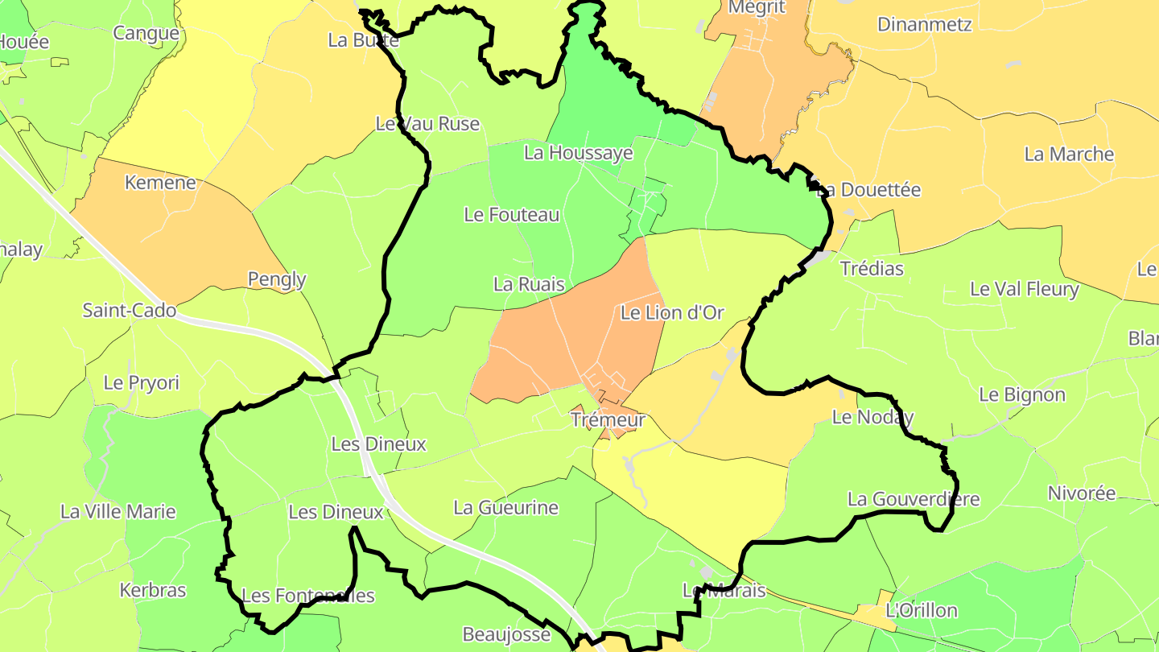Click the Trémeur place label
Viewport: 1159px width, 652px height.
[x=608, y=420]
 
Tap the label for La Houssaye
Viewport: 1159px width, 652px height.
[x=578, y=153]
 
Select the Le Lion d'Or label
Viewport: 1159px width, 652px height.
[x=672, y=313]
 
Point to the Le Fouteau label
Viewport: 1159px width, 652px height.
[x=511, y=215]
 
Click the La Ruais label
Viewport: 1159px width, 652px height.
[x=529, y=284]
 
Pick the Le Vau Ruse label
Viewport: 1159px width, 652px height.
[x=427, y=124]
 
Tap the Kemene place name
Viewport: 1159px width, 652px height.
[x=160, y=183]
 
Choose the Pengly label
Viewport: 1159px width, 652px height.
[x=277, y=279]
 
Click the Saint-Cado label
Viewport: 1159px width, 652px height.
[x=130, y=311]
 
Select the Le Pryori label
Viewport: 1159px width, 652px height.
[x=142, y=383]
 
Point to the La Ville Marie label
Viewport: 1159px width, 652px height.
[x=118, y=512]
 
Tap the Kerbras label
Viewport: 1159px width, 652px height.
[x=153, y=590]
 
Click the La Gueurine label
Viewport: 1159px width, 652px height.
[x=505, y=508]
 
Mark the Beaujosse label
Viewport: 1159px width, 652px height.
[x=506, y=634]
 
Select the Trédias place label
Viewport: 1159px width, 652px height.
[x=872, y=269]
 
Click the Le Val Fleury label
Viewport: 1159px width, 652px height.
[x=1024, y=289]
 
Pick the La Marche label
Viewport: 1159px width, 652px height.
[x=1069, y=155]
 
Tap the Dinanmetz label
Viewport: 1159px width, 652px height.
[x=924, y=24]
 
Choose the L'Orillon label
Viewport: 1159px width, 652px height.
[x=922, y=611]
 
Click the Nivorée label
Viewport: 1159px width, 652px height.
[x=1082, y=493]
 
